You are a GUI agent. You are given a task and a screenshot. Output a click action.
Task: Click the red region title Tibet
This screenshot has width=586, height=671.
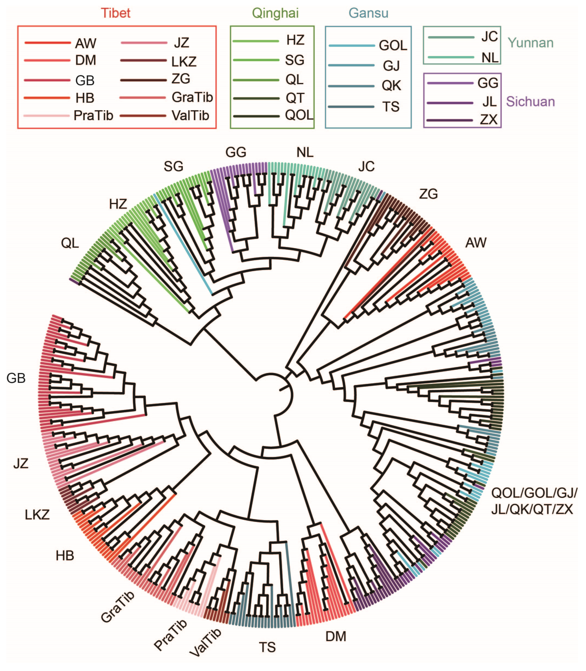click(116, 13)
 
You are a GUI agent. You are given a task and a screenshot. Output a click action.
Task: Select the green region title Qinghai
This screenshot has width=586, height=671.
click(275, 13)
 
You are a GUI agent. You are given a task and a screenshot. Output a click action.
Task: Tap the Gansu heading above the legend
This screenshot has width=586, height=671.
click(368, 13)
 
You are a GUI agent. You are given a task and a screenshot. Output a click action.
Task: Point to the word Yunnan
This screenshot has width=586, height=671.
click(530, 43)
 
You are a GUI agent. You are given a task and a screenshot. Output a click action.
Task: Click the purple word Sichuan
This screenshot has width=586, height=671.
click(530, 102)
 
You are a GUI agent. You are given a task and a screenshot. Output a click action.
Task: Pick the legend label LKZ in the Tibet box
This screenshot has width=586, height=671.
click(184, 61)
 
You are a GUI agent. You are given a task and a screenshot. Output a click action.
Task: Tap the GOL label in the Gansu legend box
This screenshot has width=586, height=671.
click(393, 46)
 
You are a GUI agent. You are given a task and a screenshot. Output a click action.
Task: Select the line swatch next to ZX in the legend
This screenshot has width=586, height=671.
click(450, 120)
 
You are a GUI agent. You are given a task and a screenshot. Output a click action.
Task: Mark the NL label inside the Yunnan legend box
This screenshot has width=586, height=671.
click(490, 58)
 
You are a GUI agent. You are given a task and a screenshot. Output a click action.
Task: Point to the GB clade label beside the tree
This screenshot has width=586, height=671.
click(16, 378)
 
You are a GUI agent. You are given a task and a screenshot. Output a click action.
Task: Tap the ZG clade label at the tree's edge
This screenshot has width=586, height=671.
click(428, 194)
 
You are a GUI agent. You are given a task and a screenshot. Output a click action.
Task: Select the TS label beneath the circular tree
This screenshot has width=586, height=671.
click(267, 647)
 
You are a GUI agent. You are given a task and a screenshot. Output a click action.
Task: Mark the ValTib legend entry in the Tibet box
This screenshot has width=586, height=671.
click(190, 116)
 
